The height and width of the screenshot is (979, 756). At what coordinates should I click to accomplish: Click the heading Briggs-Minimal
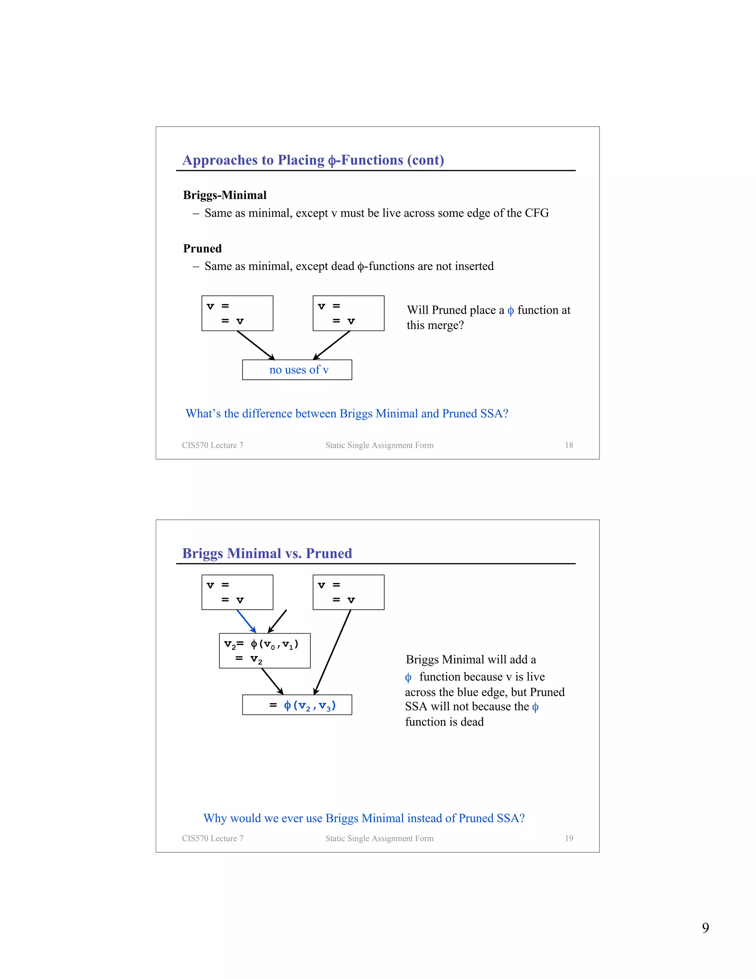pos(224,195)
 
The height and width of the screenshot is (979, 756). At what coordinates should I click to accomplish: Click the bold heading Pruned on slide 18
pos(202,248)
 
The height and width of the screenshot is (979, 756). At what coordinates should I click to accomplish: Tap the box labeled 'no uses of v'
pos(297,370)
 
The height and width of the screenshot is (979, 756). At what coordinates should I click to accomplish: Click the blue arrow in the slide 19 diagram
pos(246,621)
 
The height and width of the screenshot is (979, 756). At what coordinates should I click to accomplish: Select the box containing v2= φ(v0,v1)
pos(264,651)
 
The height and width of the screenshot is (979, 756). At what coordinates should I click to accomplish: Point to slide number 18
pos(569,445)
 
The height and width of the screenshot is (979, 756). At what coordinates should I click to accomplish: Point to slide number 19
pos(569,838)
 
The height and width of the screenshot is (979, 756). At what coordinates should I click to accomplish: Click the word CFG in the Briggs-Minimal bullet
pos(536,213)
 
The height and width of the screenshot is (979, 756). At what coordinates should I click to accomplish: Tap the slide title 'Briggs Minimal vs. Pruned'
pos(267,553)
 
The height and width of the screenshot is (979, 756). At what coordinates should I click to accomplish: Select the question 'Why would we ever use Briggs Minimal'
pos(364,818)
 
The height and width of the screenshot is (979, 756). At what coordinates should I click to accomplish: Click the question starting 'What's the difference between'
pos(347,413)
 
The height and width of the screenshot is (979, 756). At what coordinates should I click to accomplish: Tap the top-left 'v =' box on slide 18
pos(237,313)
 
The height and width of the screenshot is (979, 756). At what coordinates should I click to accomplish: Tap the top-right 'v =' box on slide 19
pos(348,592)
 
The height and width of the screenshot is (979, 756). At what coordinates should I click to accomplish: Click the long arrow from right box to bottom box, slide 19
pos(332,652)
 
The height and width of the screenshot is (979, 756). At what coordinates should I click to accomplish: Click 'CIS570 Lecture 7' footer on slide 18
pos(212,445)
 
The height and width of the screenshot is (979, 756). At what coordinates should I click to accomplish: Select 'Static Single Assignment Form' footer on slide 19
pos(379,838)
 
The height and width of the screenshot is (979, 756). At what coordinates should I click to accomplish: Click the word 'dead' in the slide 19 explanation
pos(472,722)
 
